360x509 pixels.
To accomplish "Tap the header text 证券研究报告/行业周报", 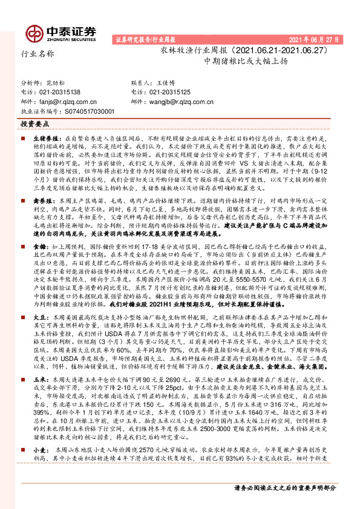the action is [x=145, y=40].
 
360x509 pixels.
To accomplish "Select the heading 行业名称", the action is [x=38, y=53].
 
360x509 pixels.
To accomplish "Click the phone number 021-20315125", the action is [x=169, y=91].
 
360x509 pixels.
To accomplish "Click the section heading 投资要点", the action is [x=34, y=123].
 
